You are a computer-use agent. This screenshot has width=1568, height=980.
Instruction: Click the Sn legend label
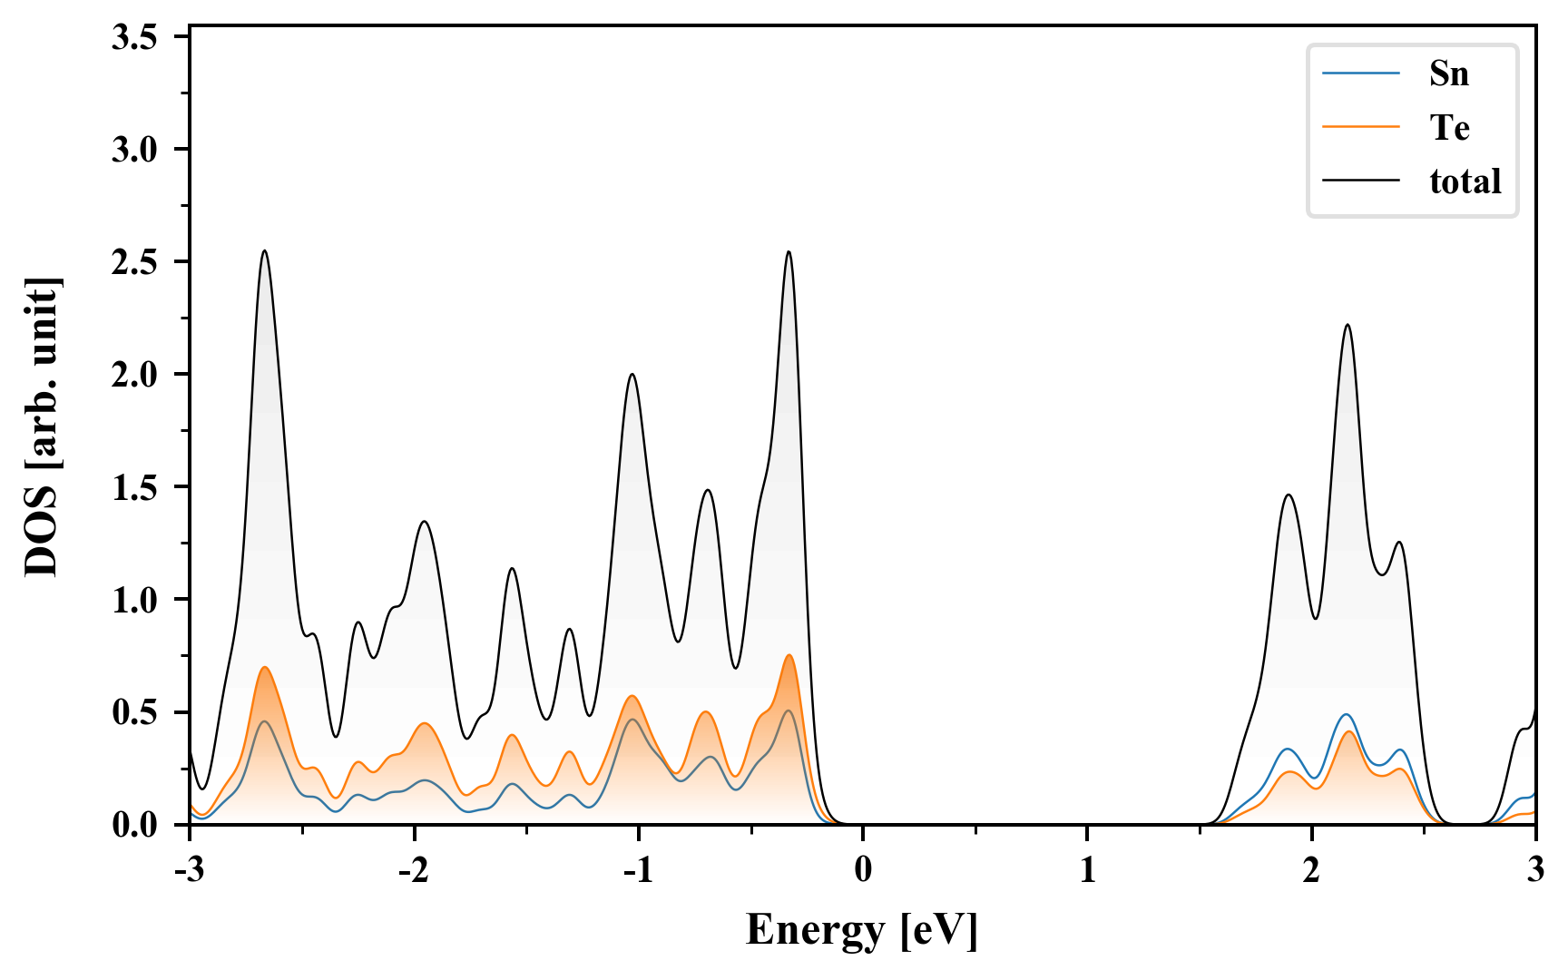point(1448,73)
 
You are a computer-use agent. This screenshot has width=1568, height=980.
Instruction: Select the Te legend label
point(1449,128)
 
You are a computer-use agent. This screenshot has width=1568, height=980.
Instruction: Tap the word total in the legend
point(1465,181)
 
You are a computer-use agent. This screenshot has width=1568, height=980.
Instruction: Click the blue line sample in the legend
point(1360,73)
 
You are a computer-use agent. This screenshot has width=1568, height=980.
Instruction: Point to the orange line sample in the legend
point(1360,127)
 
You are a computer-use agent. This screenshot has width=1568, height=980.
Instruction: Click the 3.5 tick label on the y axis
point(134,37)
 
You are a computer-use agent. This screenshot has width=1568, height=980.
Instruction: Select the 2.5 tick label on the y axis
point(134,262)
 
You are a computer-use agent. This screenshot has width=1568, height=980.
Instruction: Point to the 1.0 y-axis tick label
point(134,600)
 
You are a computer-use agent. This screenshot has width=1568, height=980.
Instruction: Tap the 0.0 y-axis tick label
point(134,825)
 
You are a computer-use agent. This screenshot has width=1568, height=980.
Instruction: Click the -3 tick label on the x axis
point(188,870)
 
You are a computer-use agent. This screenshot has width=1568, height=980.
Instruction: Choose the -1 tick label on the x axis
point(637,870)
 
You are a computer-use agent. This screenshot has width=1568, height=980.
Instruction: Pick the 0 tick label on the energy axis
point(863,870)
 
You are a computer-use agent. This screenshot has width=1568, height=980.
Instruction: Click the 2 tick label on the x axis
point(1311,870)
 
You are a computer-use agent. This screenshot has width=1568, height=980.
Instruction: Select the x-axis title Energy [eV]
point(862,930)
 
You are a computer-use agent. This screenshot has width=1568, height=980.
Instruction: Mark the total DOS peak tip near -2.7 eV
point(265,250)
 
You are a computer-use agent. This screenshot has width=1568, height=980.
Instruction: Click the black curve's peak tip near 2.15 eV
point(1347,325)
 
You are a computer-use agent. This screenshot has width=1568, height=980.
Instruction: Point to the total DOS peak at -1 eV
point(632,374)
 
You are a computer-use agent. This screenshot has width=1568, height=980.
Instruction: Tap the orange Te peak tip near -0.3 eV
point(789,655)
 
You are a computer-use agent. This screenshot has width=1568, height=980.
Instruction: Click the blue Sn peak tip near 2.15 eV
point(1347,715)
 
